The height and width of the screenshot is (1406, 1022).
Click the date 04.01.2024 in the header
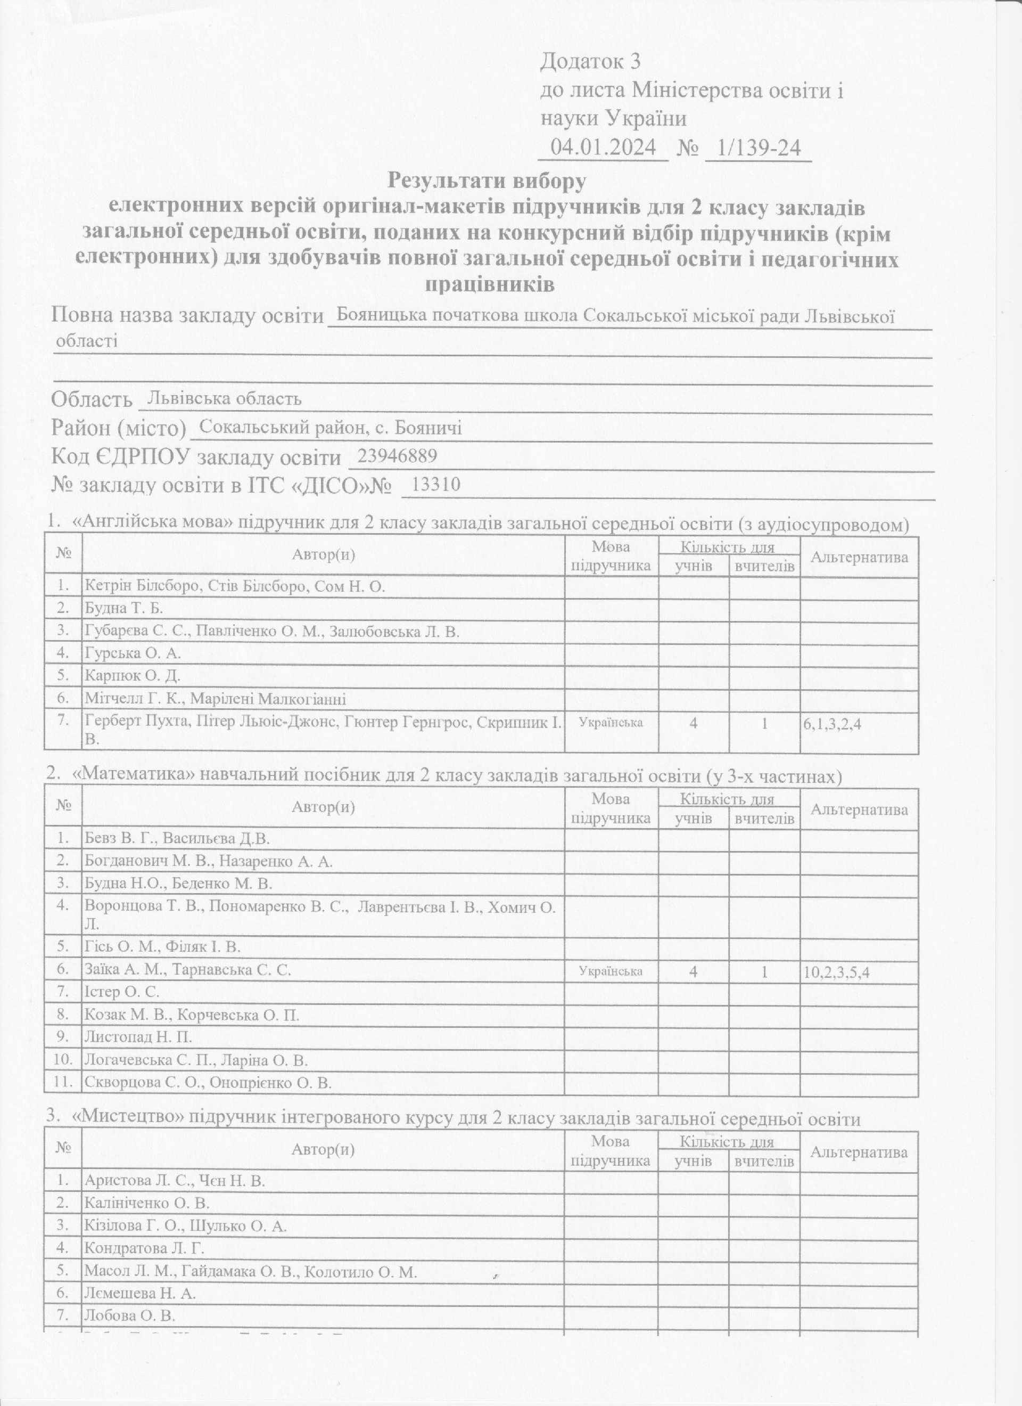603,148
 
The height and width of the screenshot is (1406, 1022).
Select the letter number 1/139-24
758,148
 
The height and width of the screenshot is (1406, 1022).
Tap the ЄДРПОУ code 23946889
397,456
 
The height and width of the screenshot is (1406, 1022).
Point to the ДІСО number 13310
436,484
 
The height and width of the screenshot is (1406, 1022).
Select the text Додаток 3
590,61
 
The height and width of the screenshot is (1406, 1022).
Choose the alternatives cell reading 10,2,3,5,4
836,972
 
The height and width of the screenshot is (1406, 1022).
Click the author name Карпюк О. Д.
132,676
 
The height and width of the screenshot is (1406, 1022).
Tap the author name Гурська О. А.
133,653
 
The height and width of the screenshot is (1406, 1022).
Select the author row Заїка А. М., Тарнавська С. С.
187,970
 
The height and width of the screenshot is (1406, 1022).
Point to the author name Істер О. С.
121,992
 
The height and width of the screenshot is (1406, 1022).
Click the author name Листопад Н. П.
138,1037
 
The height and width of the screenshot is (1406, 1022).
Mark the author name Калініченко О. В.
147,1203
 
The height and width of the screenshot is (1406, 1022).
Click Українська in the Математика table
611,971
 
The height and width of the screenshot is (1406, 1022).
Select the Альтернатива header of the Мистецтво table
859,1152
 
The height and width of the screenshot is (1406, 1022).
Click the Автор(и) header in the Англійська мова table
324,554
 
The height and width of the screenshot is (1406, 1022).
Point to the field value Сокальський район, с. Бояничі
331,427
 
